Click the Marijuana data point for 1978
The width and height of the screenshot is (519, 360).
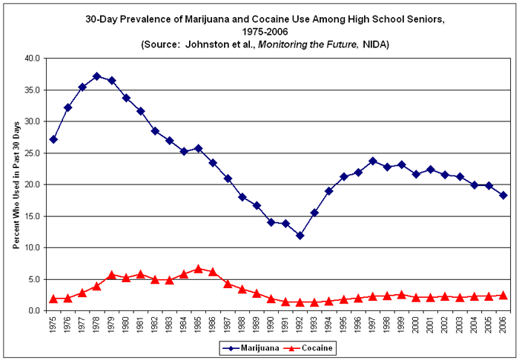[x=96, y=76]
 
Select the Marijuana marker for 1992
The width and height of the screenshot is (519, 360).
[x=300, y=236]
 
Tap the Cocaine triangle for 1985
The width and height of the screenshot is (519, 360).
[x=198, y=269]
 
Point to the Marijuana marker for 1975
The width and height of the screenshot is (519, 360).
[x=53, y=139]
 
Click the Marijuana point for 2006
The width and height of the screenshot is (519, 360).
[x=503, y=196]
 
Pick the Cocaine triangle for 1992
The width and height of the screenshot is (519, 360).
[x=300, y=302]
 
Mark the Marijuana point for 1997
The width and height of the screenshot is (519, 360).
[x=372, y=161]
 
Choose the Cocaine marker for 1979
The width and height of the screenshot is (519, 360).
[x=111, y=275]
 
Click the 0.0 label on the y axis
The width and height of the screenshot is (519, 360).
[x=34, y=311]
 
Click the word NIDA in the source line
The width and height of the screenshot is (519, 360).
[x=376, y=45]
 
